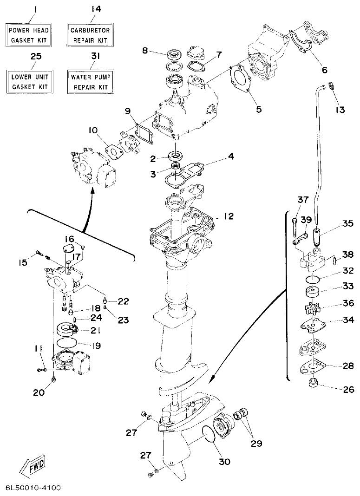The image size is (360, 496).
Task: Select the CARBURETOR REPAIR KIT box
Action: pos(90,35)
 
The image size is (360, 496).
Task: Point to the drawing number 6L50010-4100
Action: pos(33,488)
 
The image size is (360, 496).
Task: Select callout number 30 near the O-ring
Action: pos(224,462)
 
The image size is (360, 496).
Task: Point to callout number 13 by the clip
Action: pos(340,110)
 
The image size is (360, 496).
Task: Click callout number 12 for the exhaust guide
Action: pos(229,216)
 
